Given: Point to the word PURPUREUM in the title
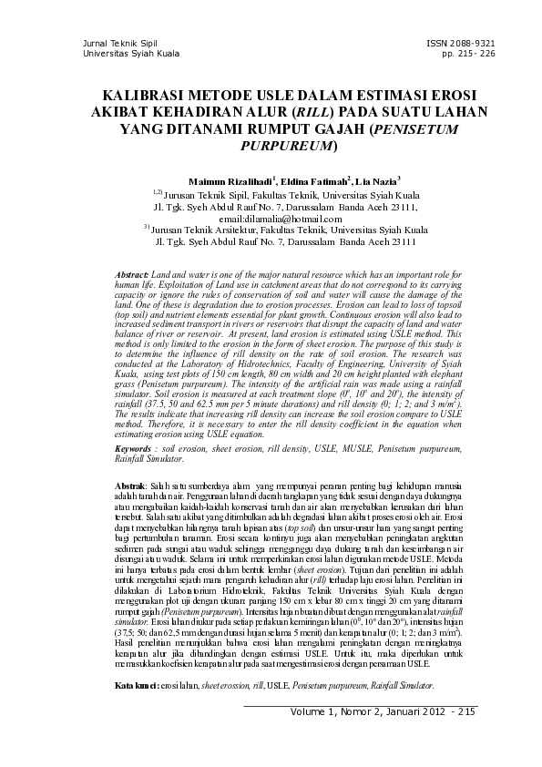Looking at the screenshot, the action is [288, 145].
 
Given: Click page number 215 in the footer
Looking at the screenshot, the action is [465, 711].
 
